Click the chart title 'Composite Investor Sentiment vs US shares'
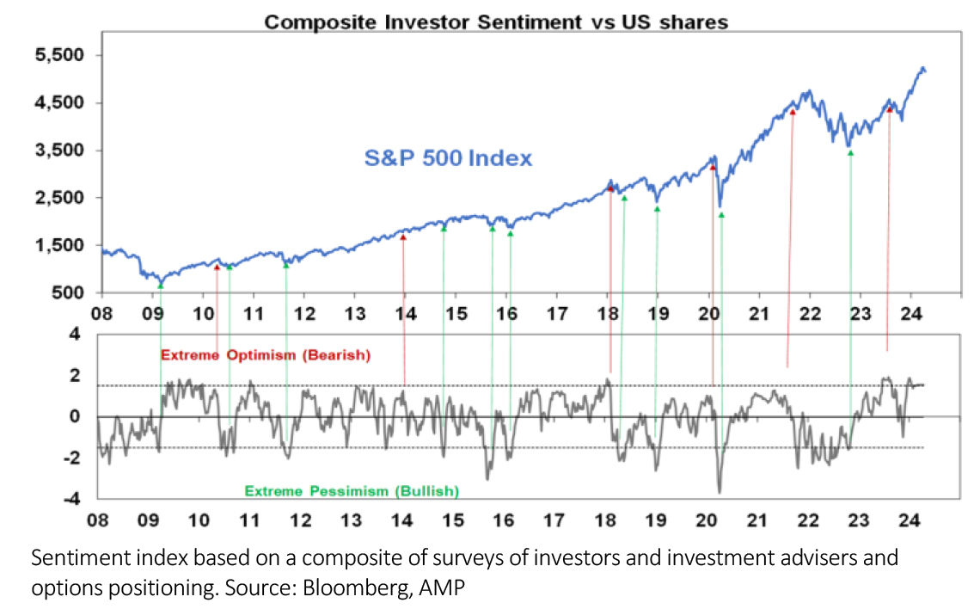pyautogui.click(x=495, y=23)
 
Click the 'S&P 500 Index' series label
pyautogui.click(x=446, y=158)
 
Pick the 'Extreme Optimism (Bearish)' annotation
pyautogui.click(x=271, y=354)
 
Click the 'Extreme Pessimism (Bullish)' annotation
pyautogui.click(x=352, y=491)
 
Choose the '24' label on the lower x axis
pyautogui.click(x=909, y=520)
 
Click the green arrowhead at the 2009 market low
pyautogui.click(x=161, y=285)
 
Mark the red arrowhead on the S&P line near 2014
pyautogui.click(x=403, y=237)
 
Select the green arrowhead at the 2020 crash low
pyautogui.click(x=721, y=214)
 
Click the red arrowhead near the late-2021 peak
pyautogui.click(x=793, y=112)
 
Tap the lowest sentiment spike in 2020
pyautogui.click(x=719, y=491)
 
